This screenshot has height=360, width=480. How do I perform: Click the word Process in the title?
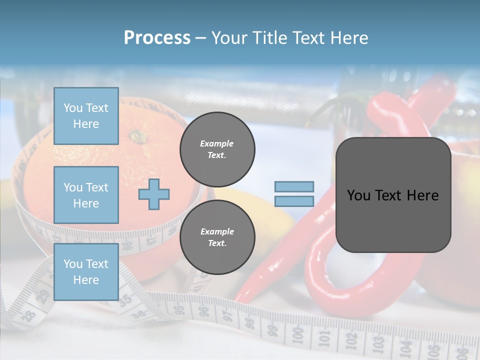click(157, 37)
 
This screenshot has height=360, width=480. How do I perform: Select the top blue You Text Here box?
click(86, 116)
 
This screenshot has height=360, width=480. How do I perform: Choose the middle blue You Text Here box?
click(86, 195)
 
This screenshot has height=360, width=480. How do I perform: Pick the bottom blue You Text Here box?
click(86, 272)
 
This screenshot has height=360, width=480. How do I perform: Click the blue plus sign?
click(154, 194)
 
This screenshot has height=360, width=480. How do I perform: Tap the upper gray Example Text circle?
click(217, 149)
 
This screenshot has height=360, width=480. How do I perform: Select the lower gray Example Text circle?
click(217, 237)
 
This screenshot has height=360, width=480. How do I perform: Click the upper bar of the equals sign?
click(294, 186)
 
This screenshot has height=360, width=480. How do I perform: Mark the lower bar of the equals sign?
click(294, 201)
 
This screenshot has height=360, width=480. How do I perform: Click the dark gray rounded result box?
click(393, 195)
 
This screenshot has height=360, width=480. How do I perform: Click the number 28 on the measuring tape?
click(28, 315)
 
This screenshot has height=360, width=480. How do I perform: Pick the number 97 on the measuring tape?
click(227, 315)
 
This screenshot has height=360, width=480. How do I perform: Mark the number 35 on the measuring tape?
click(124, 300)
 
